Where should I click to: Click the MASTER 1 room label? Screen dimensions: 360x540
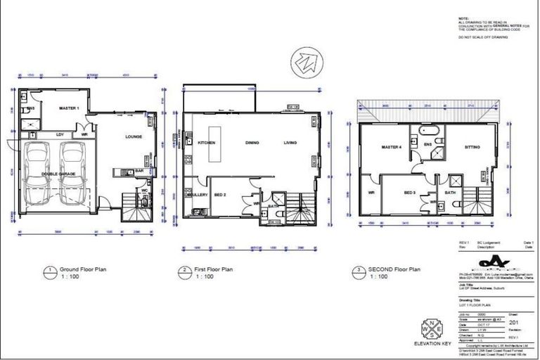tap(67, 108)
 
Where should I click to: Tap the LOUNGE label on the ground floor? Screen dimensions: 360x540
tap(134, 136)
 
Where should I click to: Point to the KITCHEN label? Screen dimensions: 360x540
tap(205, 143)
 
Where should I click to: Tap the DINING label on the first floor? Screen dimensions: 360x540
tap(252, 143)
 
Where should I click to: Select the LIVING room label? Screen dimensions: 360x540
tap(290, 143)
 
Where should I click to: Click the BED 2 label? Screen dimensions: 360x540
tap(221, 193)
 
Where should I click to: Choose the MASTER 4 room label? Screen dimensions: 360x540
tap(391, 147)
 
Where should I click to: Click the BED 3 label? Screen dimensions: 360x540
tap(411, 192)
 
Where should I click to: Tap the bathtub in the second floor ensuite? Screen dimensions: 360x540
tap(428, 131)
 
